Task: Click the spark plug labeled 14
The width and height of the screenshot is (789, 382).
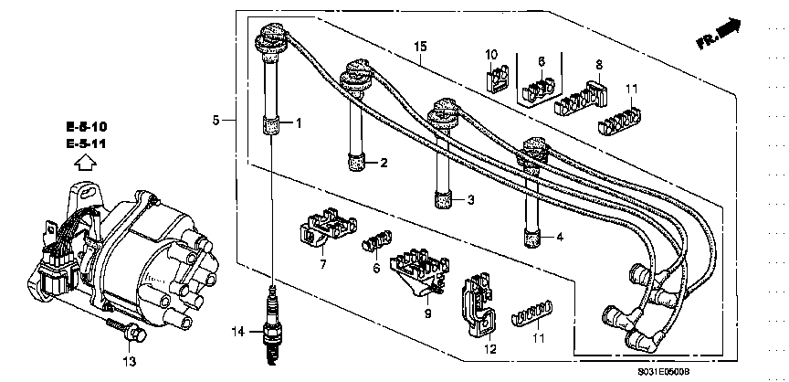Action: [x=272, y=324]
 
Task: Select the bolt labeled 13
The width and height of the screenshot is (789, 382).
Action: [x=126, y=330]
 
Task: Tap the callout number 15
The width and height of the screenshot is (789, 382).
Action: [x=420, y=47]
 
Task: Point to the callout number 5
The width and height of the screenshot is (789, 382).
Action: [x=216, y=121]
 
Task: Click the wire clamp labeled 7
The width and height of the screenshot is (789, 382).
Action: [x=327, y=228]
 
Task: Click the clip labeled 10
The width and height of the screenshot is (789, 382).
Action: [x=497, y=80]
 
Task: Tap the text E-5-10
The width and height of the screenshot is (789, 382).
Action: [x=86, y=126]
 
